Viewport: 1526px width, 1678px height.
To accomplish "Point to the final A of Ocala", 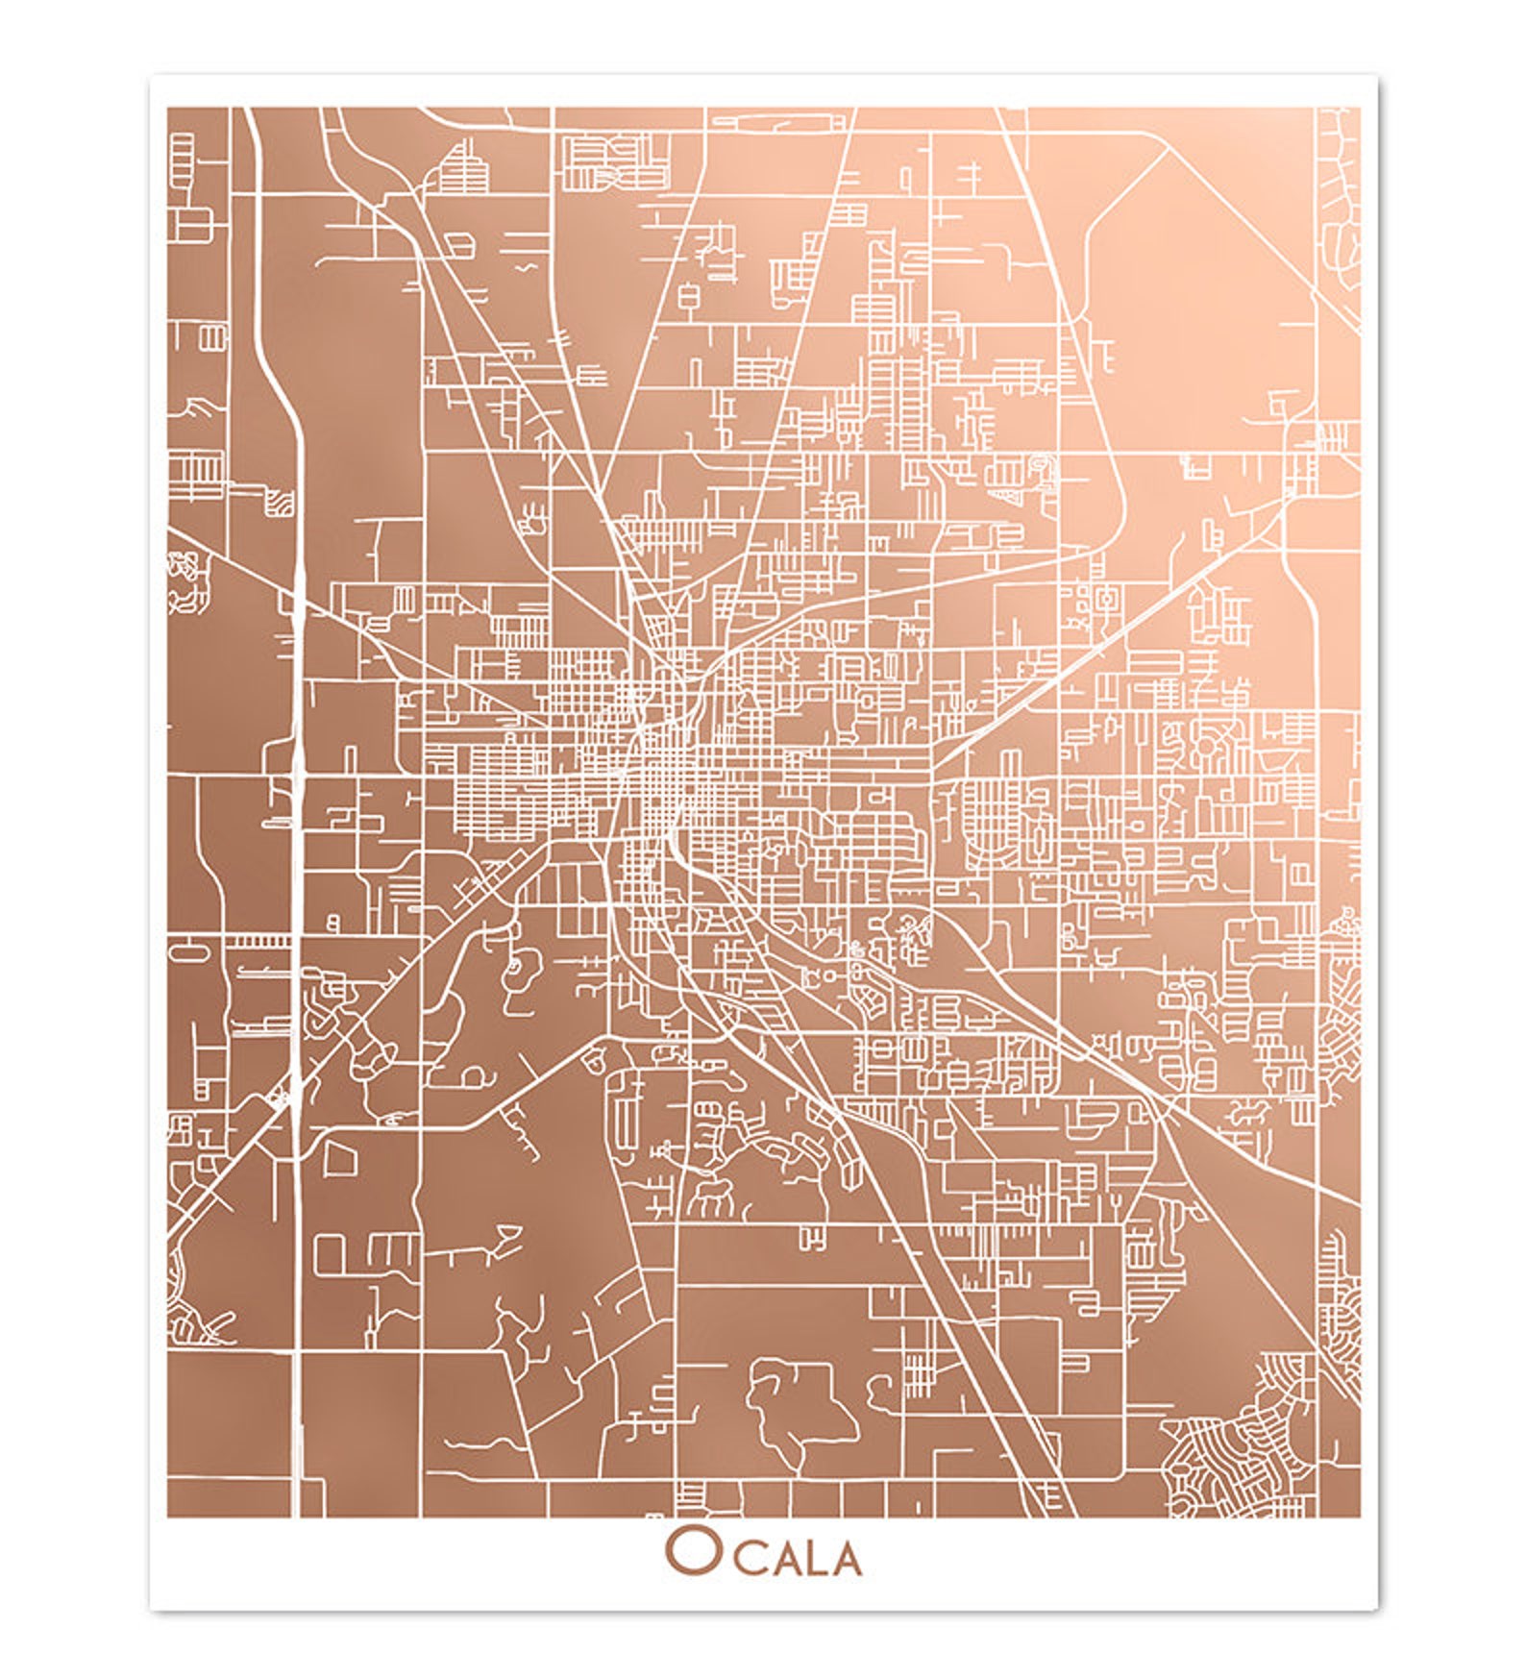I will click(x=846, y=1559).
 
